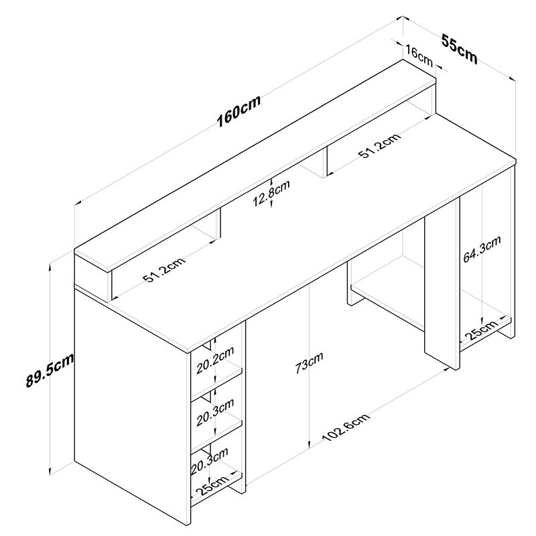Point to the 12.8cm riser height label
[271, 194]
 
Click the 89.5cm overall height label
[49, 370]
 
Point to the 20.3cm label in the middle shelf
[215, 411]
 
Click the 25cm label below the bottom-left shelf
[210, 488]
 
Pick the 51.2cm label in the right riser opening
[379, 149]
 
